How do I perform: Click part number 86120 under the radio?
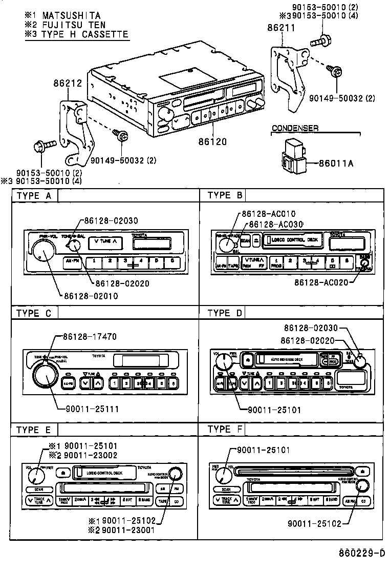pyautogui.click(x=211, y=140)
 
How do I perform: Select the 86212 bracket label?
pyautogui.click(x=67, y=83)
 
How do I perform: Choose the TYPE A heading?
pyautogui.click(x=34, y=195)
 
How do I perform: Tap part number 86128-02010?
pyautogui.click(x=91, y=296)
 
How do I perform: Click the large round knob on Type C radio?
pyautogui.click(x=45, y=378)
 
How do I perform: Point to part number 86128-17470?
pyautogui.click(x=90, y=337)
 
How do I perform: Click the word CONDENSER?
pyautogui.click(x=295, y=128)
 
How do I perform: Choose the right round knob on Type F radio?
pyautogui.click(x=363, y=486)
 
